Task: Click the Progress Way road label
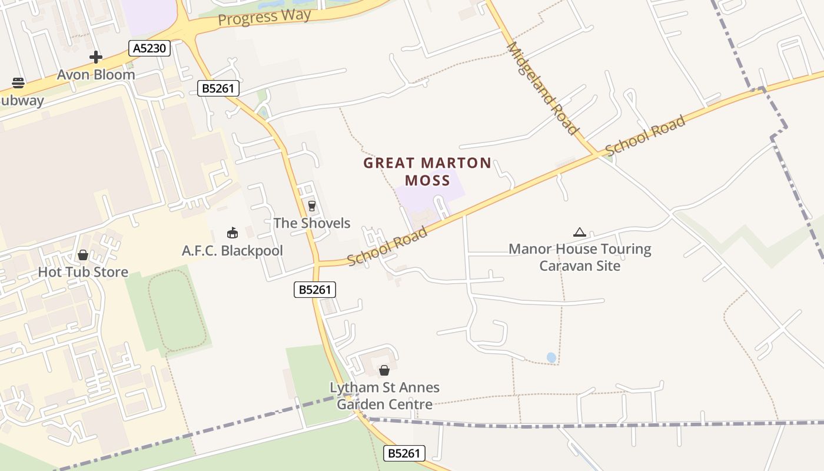point(264,17)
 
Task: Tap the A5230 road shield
point(149,48)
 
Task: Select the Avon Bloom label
point(96,75)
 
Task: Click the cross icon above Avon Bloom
point(96,57)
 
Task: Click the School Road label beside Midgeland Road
point(645,135)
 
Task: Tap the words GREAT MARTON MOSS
point(427,171)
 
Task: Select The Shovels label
point(312,223)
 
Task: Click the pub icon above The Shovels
point(312,206)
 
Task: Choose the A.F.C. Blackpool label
point(232,251)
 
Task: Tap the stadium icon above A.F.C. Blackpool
point(232,233)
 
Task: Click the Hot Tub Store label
point(83,272)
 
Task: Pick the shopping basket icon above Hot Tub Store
point(83,255)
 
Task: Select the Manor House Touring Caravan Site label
point(580,257)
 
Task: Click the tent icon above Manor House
point(580,233)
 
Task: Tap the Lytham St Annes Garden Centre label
point(384,396)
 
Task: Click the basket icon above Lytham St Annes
point(384,370)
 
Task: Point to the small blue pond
point(551,357)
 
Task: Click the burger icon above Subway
point(18,83)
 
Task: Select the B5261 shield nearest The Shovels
point(315,289)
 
